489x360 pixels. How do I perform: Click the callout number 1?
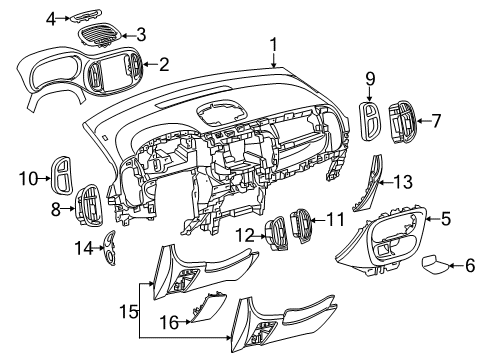pyautogui.click(x=273, y=43)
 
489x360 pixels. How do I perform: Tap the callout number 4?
pyautogui.click(x=51, y=17)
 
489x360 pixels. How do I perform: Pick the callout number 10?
pyautogui.click(x=27, y=179)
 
